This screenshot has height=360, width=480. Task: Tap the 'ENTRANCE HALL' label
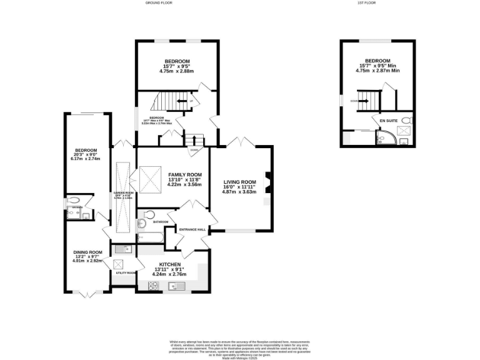[x=192, y=230]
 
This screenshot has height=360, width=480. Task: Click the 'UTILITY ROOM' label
[x=122, y=273]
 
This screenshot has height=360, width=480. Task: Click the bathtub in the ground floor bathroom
[x=147, y=238]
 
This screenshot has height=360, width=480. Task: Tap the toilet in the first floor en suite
[x=406, y=120]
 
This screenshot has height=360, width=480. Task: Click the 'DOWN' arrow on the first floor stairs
[x=356, y=100]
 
